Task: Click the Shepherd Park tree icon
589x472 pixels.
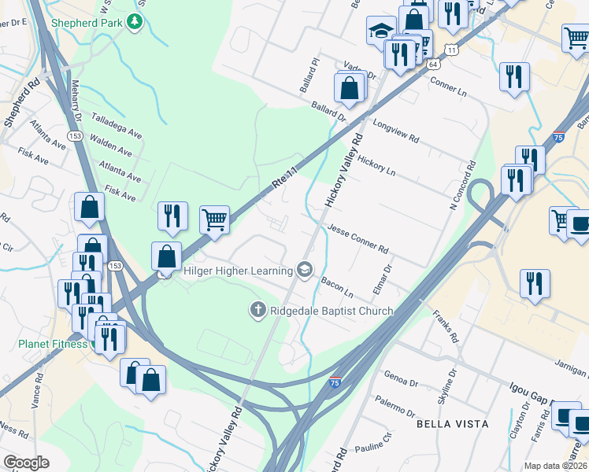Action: pos(135,22)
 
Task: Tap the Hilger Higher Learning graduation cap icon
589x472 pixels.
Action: pos(304,271)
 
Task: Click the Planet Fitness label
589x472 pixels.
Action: pos(53,344)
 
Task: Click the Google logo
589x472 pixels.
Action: pos(26,463)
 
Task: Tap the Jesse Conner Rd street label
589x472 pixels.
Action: pos(357,239)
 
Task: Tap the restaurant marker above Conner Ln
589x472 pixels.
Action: pos(514,76)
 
